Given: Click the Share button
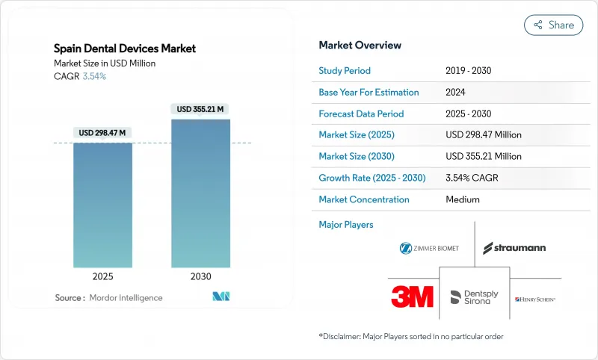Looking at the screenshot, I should tap(553, 25).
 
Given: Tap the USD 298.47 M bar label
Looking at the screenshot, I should tap(102, 133).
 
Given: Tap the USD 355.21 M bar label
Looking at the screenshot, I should tap(200, 109).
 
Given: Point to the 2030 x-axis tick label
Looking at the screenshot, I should tap(200, 276).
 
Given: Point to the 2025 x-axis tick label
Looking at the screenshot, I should tap(102, 276).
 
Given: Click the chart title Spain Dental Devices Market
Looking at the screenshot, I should tap(125, 49).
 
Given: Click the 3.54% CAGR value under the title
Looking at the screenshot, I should tap(93, 76).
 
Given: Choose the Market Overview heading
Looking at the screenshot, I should tap(360, 46).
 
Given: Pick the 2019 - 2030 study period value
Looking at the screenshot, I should tap(468, 71).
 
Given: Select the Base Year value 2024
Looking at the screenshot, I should tap(456, 93).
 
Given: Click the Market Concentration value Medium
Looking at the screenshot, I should tap(462, 199).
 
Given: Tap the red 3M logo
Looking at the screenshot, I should tap(412, 297).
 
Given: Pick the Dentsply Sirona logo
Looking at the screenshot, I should tap(475, 297).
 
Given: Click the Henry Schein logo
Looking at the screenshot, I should tap(535, 300).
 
